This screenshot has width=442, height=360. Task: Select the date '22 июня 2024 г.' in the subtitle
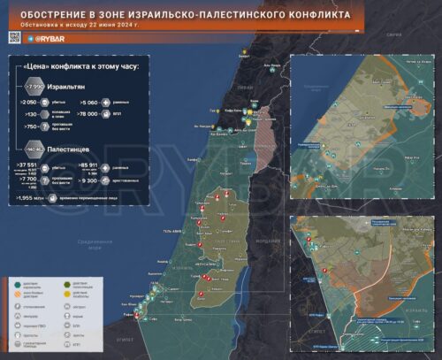tap(116, 25)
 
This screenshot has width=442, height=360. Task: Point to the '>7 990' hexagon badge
tap(35, 88)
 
